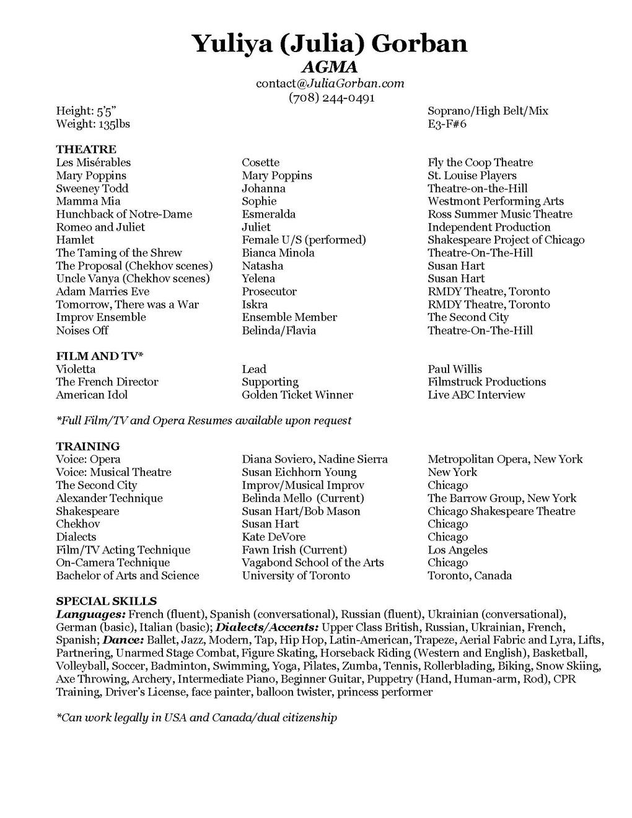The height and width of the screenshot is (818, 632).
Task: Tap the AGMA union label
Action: (329, 67)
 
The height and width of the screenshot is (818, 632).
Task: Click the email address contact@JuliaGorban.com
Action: (330, 83)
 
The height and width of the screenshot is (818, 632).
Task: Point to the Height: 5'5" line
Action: (86, 111)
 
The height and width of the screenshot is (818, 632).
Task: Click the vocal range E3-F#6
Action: (447, 124)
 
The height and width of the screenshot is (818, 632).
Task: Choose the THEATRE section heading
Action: (86, 149)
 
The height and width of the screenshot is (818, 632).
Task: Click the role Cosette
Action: (260, 162)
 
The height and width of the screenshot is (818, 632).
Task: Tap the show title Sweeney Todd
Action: (92, 188)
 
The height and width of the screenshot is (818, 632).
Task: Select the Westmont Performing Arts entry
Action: (496, 201)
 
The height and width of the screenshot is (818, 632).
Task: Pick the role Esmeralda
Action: (268, 214)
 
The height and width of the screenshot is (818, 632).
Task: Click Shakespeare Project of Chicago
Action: (506, 240)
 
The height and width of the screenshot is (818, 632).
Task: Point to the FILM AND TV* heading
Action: (100, 356)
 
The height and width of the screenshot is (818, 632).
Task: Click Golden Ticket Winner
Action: (297, 395)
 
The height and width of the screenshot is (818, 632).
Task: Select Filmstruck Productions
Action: (486, 382)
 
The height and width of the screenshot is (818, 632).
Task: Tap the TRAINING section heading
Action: (88, 446)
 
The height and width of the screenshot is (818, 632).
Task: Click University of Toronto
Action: (296, 576)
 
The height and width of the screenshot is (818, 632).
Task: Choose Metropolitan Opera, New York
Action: (505, 459)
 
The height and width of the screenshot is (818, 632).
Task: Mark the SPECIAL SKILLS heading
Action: (106, 601)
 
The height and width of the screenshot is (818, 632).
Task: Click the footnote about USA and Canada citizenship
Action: (196, 718)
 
